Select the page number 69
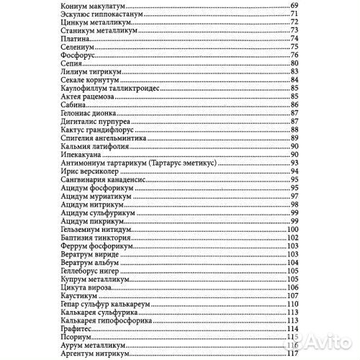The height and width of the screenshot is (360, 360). (294, 6)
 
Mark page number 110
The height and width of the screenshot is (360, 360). (292, 304)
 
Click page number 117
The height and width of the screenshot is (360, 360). (292, 355)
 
